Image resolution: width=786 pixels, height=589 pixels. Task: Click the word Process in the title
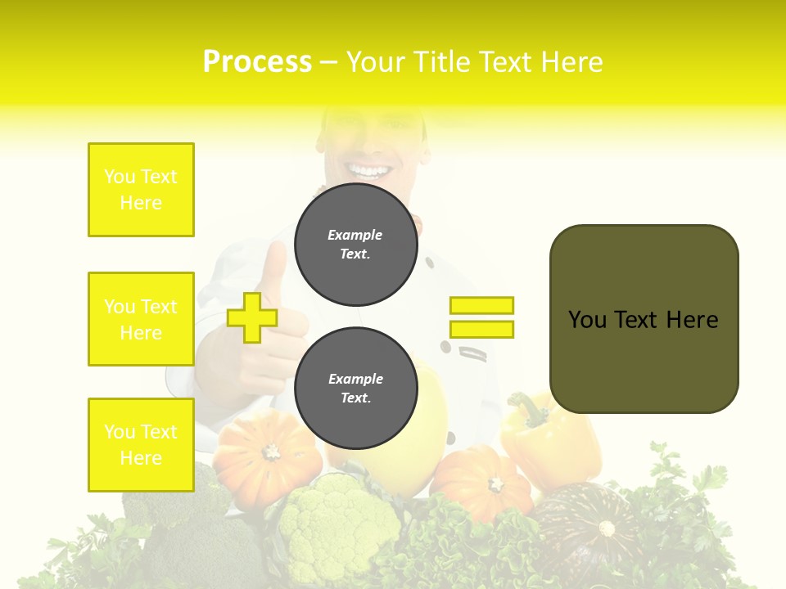(x=257, y=62)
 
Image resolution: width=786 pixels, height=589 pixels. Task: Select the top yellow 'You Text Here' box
(x=141, y=190)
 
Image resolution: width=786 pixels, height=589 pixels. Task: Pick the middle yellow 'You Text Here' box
(x=141, y=319)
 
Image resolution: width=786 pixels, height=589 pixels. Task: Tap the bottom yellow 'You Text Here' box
(x=141, y=445)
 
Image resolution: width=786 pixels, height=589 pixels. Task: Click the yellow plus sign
(x=251, y=317)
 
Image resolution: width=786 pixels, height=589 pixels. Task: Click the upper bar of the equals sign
(x=481, y=305)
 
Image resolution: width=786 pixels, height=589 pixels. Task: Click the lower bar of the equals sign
(x=481, y=330)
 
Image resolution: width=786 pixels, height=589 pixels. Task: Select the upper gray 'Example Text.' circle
(x=356, y=244)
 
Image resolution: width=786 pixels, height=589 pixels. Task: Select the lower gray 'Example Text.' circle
(x=356, y=388)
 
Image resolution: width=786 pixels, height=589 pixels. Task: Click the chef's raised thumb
(x=273, y=270)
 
